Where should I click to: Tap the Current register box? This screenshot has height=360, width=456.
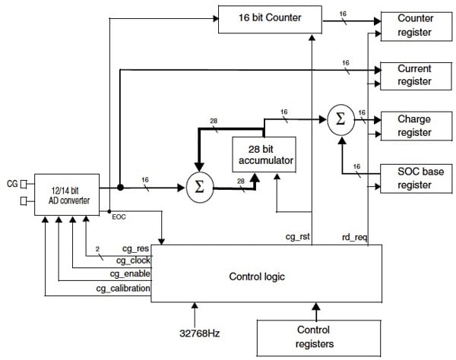pyautogui.click(x=415, y=75)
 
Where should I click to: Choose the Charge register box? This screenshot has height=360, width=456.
pyautogui.click(x=415, y=125)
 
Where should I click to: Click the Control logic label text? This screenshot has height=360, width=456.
pyautogui.click(x=257, y=276)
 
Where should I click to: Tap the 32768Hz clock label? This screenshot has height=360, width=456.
pyautogui.click(x=197, y=332)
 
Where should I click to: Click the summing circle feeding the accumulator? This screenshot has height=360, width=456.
pyautogui.click(x=199, y=187)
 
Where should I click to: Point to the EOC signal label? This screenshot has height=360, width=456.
pyautogui.click(x=120, y=217)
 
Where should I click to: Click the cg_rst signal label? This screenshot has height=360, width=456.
pyautogui.click(x=296, y=237)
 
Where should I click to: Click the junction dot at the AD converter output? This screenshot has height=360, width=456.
pyautogui.click(x=120, y=187)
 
